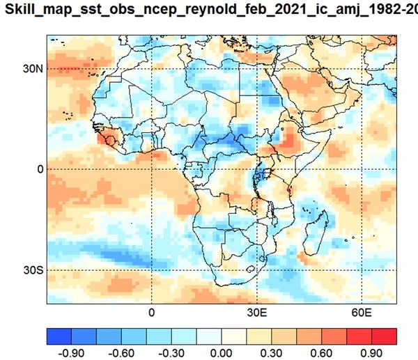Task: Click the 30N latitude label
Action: point(33,69)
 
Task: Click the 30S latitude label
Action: point(33,270)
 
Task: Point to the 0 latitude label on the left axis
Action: point(40,169)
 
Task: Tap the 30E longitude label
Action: point(257,313)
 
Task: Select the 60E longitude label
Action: point(362,313)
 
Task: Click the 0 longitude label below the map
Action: point(151,313)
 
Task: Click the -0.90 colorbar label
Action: point(71,353)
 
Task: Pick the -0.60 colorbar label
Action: point(121,353)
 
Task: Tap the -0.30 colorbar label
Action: point(171,353)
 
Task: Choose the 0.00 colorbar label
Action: point(221,353)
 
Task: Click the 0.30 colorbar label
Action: point(271,353)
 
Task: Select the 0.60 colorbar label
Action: point(321,353)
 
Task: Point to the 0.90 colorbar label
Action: point(371,353)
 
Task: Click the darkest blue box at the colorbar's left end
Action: point(59,336)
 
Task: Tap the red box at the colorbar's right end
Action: point(384,336)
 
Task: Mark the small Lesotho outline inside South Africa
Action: point(250,269)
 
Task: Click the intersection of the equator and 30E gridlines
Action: point(257,169)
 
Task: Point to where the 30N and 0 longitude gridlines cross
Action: point(151,69)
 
